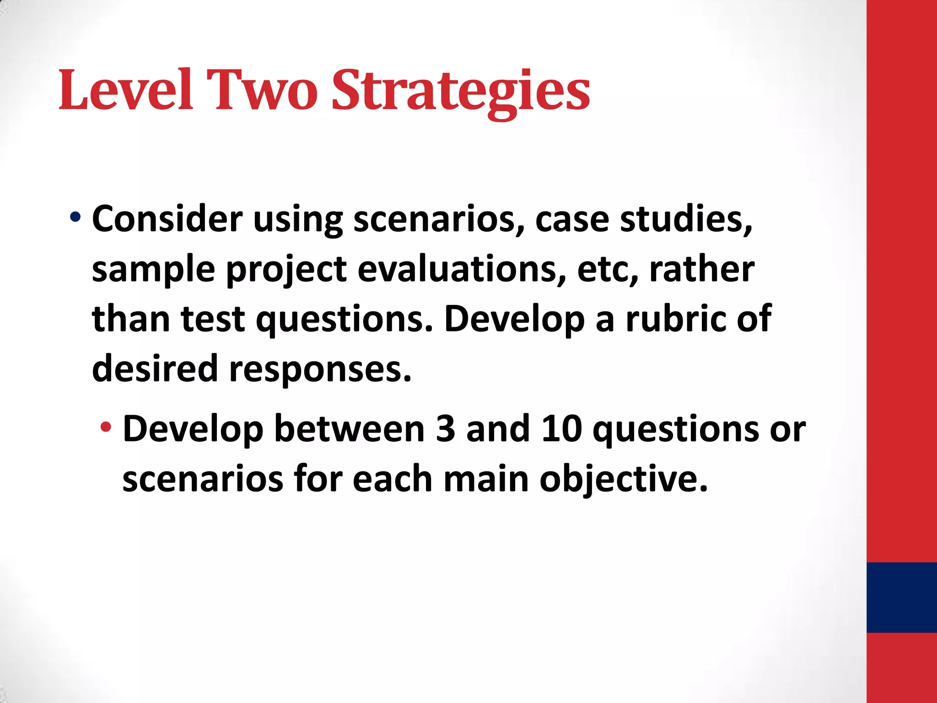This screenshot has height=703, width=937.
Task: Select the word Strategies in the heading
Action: point(460,91)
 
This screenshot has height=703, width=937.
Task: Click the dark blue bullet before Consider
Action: point(75,216)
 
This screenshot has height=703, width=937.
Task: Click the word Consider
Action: point(167,219)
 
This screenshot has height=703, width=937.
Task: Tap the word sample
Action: point(153,270)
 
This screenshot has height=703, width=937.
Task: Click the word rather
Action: point(701,269)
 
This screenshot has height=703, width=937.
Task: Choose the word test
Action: point(213,319)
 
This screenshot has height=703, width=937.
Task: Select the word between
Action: point(350,429)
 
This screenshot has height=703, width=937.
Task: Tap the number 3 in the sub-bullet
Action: point(445,429)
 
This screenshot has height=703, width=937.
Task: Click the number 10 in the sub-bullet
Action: point(561,429)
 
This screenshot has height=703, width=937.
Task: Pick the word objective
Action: point(623,480)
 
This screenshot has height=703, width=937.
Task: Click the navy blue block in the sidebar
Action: point(901,597)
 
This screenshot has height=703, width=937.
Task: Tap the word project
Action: point(286,270)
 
